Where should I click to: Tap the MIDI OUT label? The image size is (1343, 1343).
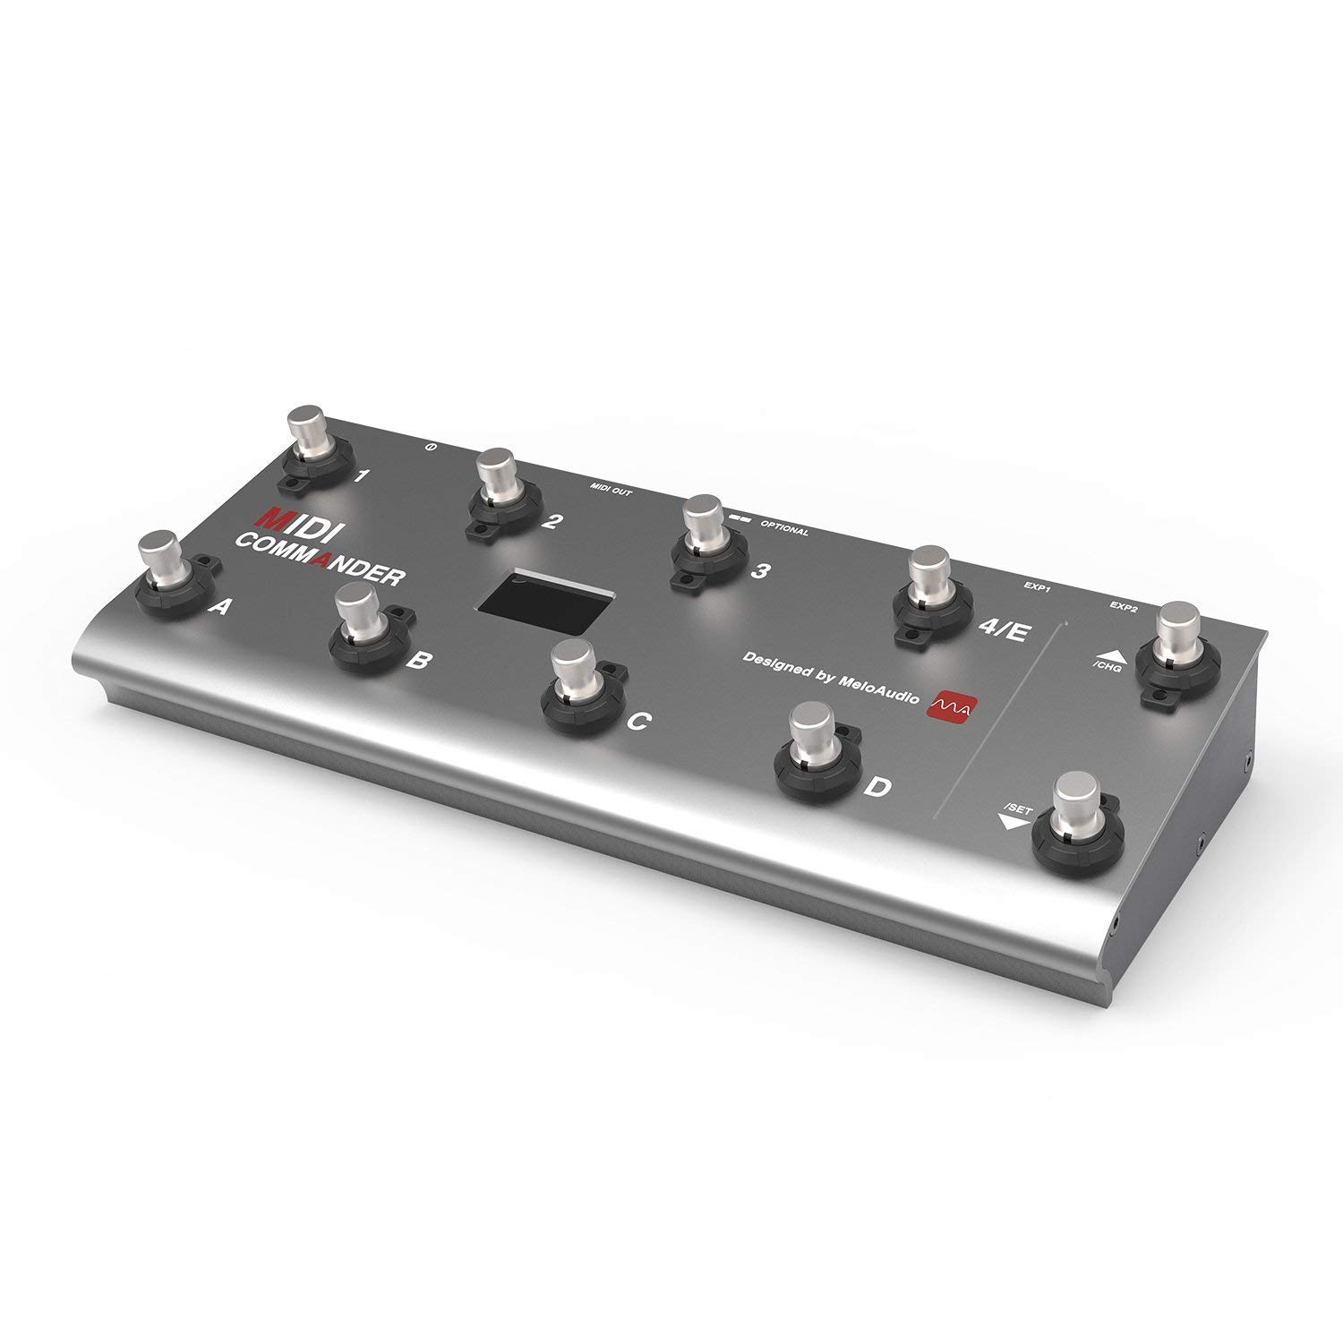coord(609,489)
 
